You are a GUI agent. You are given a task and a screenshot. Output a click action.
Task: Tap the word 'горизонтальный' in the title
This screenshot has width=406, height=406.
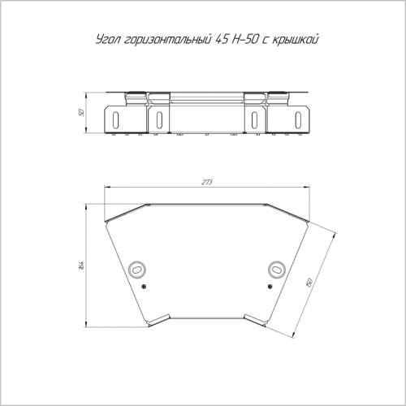pyautogui.click(x=167, y=40)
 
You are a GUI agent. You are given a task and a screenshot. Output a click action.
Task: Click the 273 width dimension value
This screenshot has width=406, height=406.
pyautogui.click(x=207, y=183)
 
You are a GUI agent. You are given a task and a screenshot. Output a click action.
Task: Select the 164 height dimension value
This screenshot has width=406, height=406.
pyautogui.click(x=82, y=266)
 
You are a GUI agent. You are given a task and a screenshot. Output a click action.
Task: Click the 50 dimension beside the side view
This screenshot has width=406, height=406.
pyautogui.click(x=81, y=112)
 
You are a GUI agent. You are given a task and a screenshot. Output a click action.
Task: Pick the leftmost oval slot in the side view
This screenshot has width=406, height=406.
pyautogui.click(x=116, y=119)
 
